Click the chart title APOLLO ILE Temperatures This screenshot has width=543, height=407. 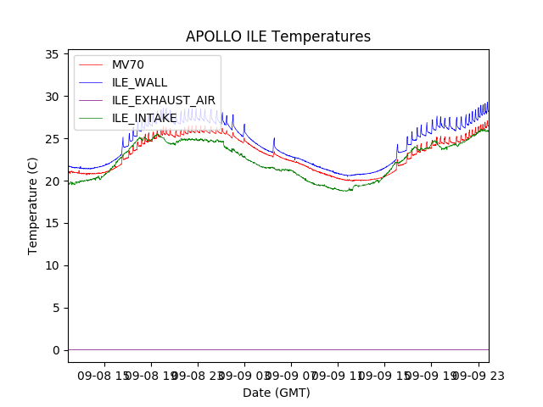click(278, 37)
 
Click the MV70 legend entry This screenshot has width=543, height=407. click(129, 64)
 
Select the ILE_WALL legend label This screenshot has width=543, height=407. click(139, 82)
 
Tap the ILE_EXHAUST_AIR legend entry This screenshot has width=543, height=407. click(163, 100)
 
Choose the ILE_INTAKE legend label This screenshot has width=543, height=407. click(144, 118)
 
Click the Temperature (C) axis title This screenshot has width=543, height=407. click(33, 205)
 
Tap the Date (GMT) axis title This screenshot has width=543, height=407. click(277, 393)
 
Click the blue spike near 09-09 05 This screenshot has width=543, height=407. click(274, 140)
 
